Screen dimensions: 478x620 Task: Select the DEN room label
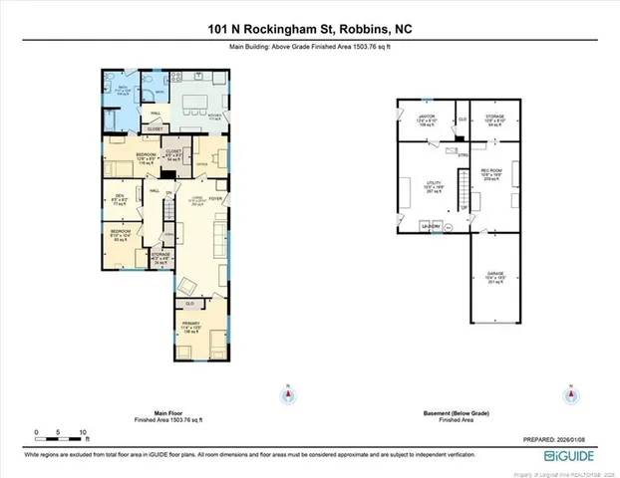[x=119, y=196]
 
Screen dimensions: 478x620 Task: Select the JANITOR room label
[x=426, y=117]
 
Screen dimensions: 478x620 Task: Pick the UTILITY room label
[x=433, y=183]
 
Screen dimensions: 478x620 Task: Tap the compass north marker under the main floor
[x=289, y=394]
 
